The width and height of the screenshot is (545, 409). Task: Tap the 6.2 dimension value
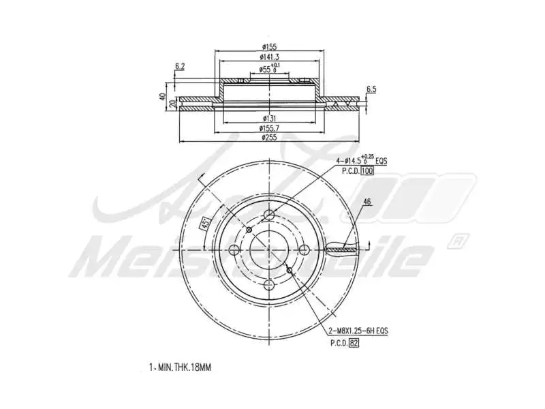tap(180, 66)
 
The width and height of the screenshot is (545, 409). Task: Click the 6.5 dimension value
tap(371, 89)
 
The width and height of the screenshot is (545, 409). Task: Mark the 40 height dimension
tap(163, 96)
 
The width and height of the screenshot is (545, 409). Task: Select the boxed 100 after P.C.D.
tap(367, 170)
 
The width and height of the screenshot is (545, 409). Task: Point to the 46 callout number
tap(367, 202)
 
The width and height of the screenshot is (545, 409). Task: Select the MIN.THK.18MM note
tap(181, 367)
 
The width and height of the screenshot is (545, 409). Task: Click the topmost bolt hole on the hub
tap(269, 216)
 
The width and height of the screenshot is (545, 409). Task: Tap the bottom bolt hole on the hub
tap(269, 286)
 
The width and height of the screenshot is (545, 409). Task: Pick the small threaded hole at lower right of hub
tap(290, 271)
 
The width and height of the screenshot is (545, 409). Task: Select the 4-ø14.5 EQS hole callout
tap(361, 160)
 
